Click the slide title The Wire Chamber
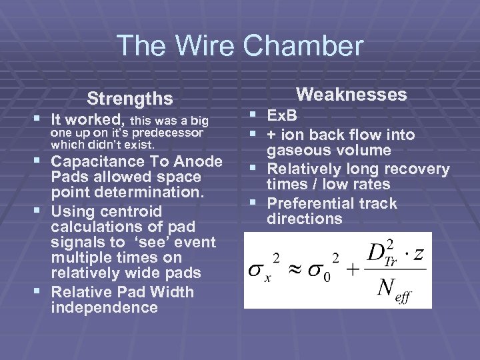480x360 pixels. tap(240, 47)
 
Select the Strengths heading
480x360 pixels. tap(130, 99)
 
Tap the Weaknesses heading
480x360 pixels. tap(351, 95)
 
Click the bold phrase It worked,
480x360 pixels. tap(89, 120)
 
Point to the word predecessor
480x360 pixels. tap(170, 133)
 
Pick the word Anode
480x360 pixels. tap(198, 161)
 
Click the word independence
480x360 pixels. tap(104, 307)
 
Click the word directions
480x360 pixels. tap(304, 219)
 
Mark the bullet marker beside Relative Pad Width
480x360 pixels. tap(42, 292)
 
